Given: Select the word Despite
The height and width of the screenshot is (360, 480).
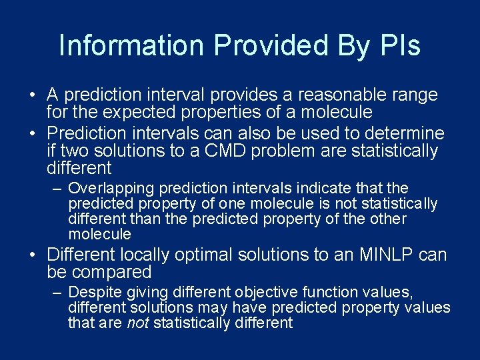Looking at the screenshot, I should (x=93, y=293).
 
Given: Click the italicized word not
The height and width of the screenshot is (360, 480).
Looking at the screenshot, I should (x=137, y=323).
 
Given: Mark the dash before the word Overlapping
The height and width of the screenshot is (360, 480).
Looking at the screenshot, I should (x=58, y=189).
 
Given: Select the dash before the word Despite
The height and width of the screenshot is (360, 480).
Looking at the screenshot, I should (x=58, y=293).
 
